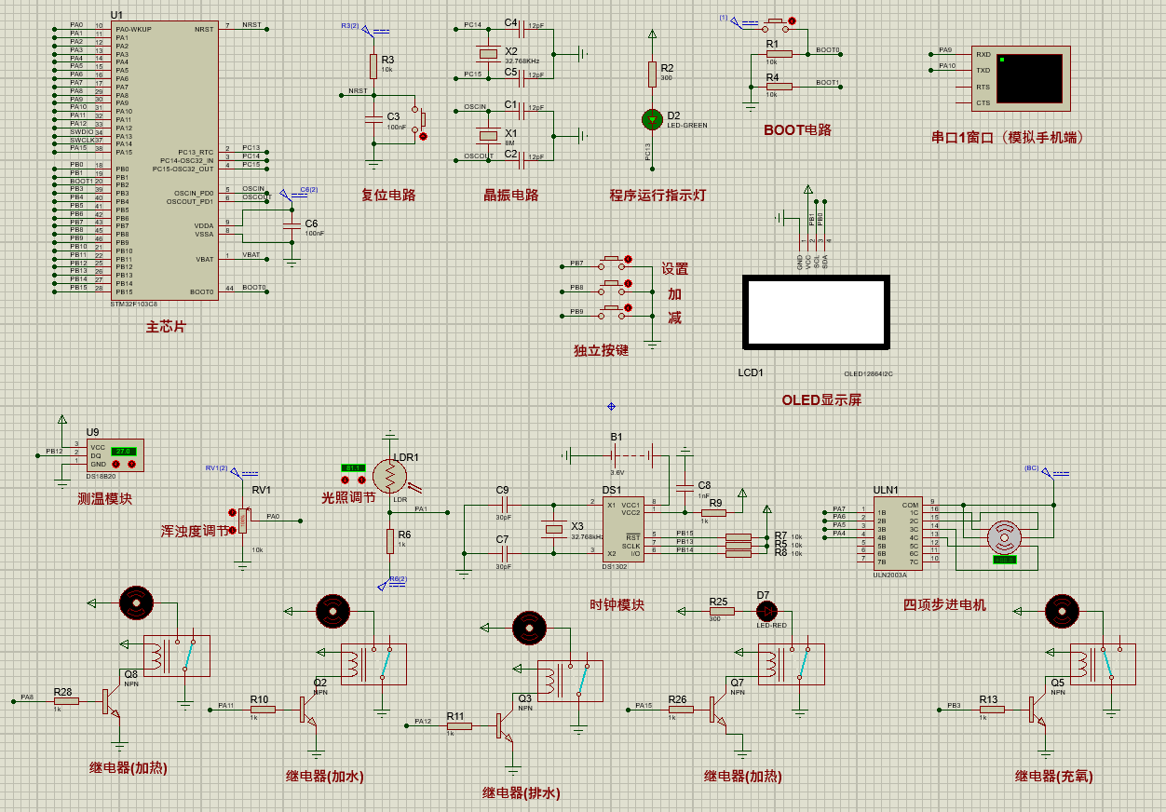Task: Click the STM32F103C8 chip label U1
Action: point(116,15)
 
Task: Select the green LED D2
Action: point(652,119)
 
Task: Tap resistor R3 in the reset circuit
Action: point(373,66)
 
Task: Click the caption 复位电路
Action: point(387,195)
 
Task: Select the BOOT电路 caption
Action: point(797,129)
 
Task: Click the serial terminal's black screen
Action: point(1028,78)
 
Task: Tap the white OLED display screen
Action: point(814,311)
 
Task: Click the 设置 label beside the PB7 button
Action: point(675,268)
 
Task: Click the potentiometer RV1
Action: point(243,520)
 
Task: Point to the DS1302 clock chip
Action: point(623,530)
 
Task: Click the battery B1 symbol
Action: point(615,455)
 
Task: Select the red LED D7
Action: point(766,611)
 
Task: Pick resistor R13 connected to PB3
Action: point(992,710)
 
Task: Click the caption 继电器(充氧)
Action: point(1054,776)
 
